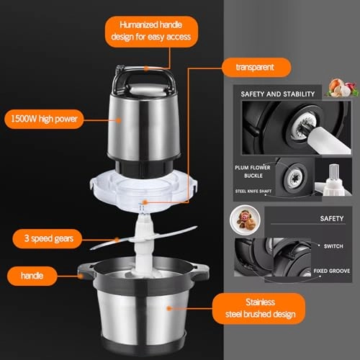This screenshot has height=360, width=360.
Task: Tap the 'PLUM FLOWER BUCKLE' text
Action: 251,171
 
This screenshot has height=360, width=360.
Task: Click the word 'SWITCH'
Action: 332,245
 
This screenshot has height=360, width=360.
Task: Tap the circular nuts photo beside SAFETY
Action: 240,220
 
